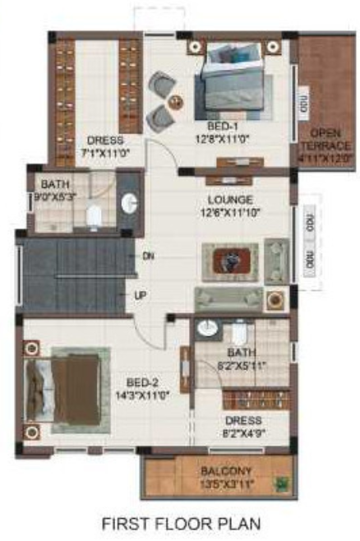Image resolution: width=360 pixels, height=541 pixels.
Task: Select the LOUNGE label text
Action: tap(230, 200)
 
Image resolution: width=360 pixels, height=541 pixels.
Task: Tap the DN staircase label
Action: tap(148, 256)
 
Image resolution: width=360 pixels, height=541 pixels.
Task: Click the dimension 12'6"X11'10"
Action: tap(230, 213)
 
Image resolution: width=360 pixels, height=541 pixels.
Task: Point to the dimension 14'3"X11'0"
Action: tap(142, 395)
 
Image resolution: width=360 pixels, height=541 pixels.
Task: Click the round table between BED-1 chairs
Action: tap(175, 102)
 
